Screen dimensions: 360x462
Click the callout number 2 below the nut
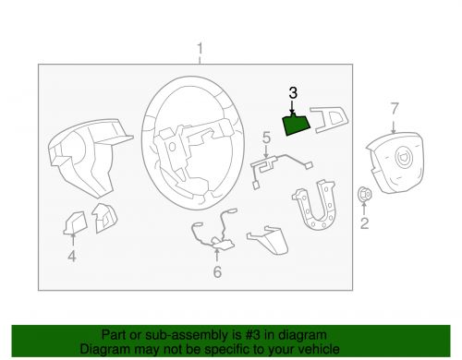point(364,223)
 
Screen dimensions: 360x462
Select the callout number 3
point(293,92)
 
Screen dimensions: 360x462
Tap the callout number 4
point(71,257)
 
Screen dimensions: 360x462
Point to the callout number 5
point(266,138)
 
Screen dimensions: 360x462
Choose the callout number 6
point(217,272)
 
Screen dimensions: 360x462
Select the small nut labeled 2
point(364,195)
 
